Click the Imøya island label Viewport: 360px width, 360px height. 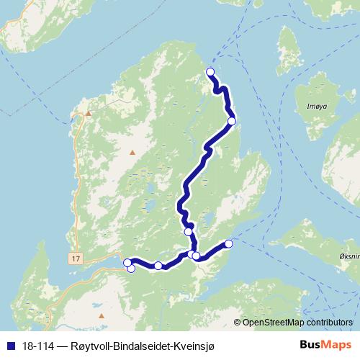[316, 106]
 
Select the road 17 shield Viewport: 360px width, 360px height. [78, 257]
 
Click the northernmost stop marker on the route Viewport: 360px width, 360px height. [210, 71]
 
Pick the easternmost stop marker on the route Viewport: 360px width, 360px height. [229, 243]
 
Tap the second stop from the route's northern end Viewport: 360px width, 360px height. [232, 121]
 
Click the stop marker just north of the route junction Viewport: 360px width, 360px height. [189, 231]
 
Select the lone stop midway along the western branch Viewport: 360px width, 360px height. [158, 266]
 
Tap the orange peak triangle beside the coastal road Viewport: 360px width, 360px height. [89, 113]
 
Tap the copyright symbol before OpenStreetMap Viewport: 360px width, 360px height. [238, 322]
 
